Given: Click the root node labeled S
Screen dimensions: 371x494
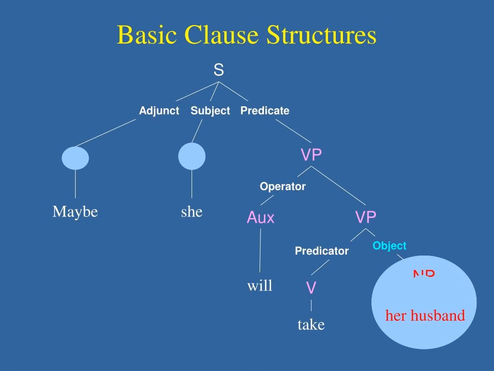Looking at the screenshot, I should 219,71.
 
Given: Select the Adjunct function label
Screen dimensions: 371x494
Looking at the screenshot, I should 159,111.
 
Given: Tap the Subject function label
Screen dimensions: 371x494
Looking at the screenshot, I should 210,111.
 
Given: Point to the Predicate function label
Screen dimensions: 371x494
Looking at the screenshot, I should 265,111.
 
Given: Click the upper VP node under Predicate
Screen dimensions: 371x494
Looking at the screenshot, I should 311,155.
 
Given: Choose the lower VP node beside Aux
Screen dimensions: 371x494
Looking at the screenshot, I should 366,217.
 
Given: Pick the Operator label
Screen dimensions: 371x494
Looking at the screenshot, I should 283,186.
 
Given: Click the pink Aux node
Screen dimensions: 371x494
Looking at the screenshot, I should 261,218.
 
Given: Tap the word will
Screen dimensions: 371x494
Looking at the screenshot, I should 260,286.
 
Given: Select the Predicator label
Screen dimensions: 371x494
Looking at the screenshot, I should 322,251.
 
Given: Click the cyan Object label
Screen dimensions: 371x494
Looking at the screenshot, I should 389,246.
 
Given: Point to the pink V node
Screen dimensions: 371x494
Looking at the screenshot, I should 311,288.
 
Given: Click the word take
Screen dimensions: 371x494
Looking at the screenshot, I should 311,325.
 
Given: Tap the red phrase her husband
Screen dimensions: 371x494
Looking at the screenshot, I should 425,316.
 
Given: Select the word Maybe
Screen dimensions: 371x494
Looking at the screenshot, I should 75,212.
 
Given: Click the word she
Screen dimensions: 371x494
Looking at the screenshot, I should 192,212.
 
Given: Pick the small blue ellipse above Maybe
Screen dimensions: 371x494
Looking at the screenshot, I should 76,158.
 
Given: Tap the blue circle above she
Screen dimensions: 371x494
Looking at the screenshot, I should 192,157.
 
